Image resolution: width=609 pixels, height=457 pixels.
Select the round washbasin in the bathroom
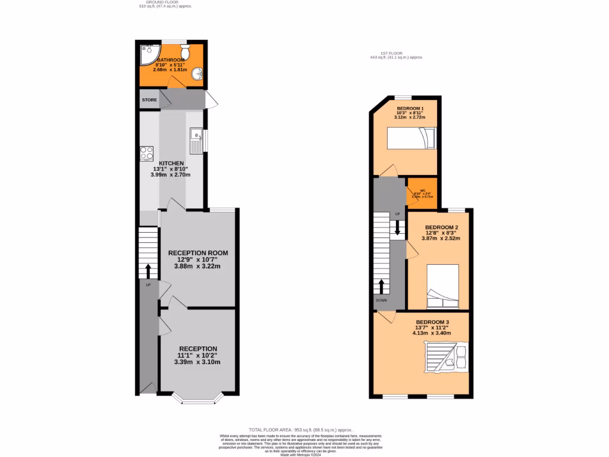point(197,74)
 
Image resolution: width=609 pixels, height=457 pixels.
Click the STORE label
point(149,100)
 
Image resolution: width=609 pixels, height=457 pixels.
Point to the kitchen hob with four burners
point(147,154)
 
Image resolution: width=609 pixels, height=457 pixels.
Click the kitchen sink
point(195,140)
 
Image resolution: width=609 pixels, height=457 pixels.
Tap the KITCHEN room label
point(170,163)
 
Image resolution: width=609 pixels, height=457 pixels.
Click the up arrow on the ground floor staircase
point(148,271)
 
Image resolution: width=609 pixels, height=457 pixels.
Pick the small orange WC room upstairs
point(422,193)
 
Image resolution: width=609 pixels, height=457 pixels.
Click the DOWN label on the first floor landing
point(381,301)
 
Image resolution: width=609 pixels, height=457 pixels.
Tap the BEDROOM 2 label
point(441,227)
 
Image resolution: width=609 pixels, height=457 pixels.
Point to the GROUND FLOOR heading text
point(153,2)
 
